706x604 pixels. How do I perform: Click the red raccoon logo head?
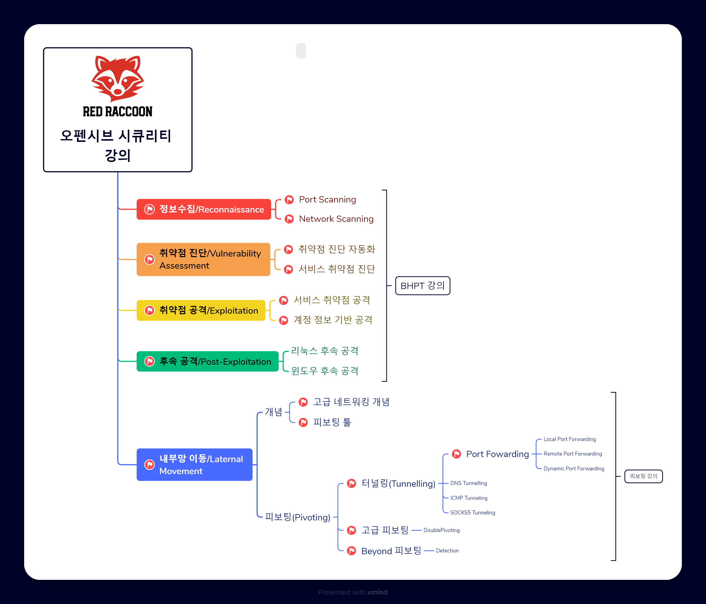[118, 78]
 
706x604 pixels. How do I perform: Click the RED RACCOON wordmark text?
[118, 112]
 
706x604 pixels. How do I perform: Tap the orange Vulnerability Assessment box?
[203, 259]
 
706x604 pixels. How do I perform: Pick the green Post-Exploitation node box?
[207, 361]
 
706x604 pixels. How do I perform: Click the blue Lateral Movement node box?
[194, 464]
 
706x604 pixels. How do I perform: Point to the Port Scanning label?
[327, 199]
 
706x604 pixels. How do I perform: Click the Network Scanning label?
[336, 219]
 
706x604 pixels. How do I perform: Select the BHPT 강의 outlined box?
[423, 286]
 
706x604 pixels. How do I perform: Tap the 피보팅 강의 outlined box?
[643, 476]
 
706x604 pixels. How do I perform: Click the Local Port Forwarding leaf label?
[570, 439]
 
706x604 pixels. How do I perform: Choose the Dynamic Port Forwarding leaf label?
[574, 468]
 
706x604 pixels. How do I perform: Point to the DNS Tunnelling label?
[468, 483]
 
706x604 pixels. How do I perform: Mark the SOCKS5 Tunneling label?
[473, 512]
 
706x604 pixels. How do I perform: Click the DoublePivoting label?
[441, 530]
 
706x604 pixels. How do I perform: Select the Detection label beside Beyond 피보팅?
[447, 551]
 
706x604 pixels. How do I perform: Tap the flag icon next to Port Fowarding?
[456, 454]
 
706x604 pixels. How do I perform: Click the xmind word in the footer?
[377, 592]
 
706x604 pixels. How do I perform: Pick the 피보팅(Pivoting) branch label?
[298, 517]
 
